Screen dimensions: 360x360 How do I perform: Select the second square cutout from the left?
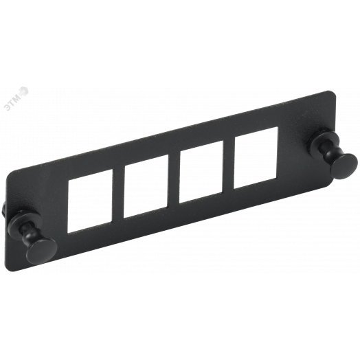pos(146,186)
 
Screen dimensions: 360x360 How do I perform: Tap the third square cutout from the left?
pos(201,172)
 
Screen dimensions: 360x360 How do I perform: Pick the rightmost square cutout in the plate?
pos(256,157)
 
